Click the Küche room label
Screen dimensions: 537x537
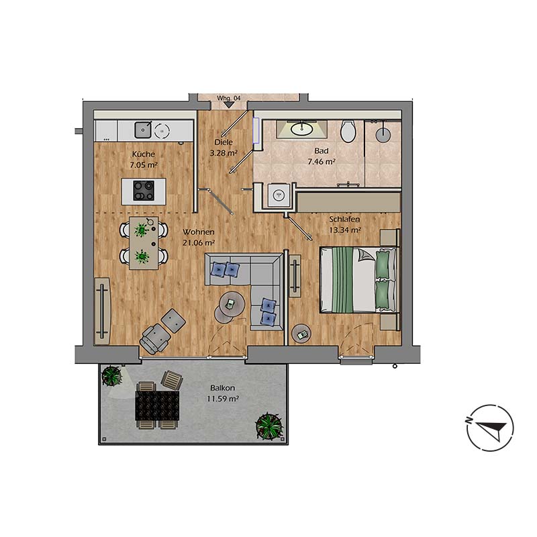pyautogui.click(x=144, y=154)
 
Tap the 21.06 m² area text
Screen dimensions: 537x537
pyautogui.click(x=199, y=243)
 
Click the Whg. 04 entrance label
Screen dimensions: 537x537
pyautogui.click(x=228, y=98)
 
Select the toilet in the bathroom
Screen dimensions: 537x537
pyautogui.click(x=348, y=131)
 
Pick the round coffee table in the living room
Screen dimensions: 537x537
pyautogui.click(x=230, y=306)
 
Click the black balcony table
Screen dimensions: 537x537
pyautogui.click(x=158, y=405)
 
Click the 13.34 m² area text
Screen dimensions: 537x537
pyautogui.click(x=345, y=230)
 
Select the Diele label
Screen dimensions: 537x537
pyautogui.click(x=223, y=142)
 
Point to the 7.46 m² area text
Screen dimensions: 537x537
pyautogui.click(x=322, y=162)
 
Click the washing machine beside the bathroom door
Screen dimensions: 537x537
pyautogui.click(x=275, y=195)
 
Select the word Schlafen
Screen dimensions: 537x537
pyautogui.click(x=344, y=219)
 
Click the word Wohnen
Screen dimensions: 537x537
pyautogui.click(x=198, y=232)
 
